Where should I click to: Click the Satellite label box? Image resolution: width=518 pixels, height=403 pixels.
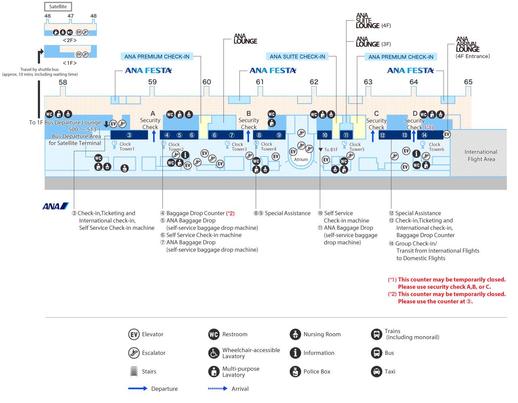58,6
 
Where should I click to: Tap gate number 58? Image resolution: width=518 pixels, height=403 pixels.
63,82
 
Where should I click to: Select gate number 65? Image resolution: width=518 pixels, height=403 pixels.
468,82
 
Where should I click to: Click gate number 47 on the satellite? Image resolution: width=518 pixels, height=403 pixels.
70,16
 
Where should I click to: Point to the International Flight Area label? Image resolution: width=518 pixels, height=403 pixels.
480,155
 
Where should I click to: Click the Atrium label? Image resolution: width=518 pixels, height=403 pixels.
301,159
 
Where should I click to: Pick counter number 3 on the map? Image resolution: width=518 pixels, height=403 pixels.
129,135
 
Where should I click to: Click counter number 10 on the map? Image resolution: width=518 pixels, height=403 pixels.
325,135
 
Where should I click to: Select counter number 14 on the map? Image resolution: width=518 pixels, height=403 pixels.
424,135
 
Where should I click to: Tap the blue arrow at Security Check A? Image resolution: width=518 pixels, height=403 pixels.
154,136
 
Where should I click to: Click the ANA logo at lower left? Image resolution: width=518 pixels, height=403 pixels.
55,206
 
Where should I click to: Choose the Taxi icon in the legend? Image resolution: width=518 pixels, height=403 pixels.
376,371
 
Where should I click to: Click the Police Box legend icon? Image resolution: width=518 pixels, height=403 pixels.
295,371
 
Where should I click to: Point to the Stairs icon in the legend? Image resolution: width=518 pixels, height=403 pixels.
134,371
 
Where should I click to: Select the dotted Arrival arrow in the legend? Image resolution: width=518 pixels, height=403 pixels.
218,388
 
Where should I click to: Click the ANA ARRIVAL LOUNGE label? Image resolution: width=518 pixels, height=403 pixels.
467,45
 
